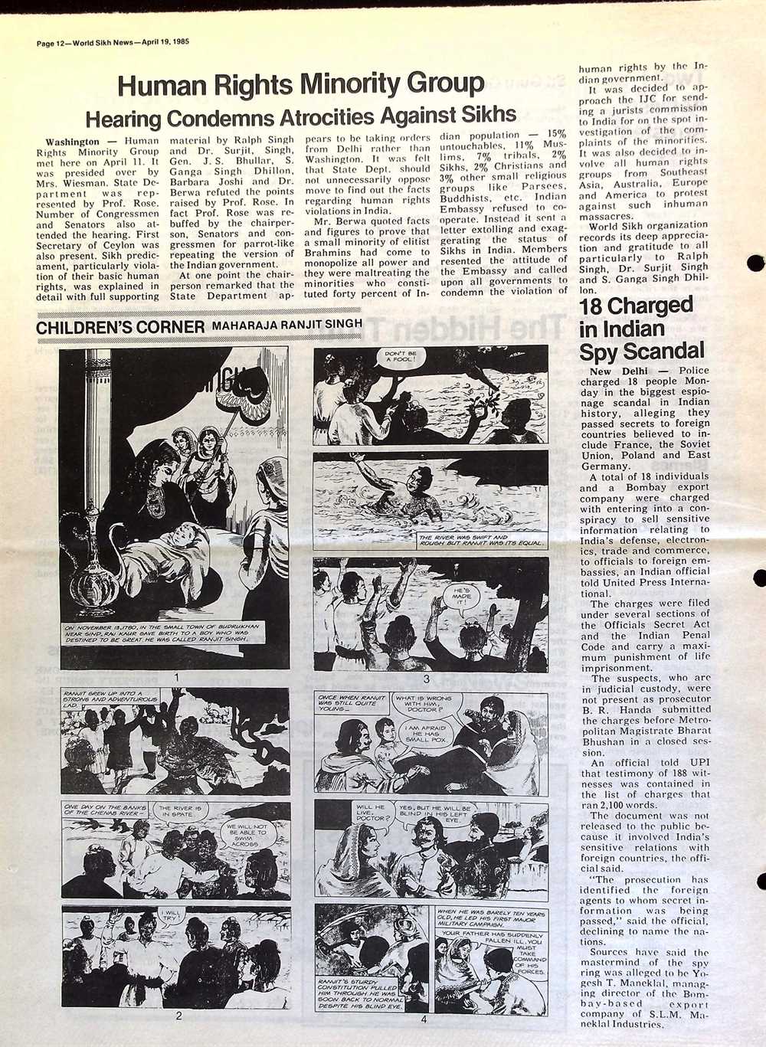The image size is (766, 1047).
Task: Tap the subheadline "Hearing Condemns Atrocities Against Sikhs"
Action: pyautogui.click(x=300, y=116)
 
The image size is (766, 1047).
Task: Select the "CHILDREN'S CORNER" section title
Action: pyautogui.click(x=120, y=327)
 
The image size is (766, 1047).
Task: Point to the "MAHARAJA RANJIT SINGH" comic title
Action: pyautogui.click(x=286, y=326)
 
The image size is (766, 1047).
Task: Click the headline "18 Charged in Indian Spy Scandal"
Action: pyautogui.click(x=641, y=329)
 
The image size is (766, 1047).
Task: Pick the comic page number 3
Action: pyautogui.click(x=426, y=679)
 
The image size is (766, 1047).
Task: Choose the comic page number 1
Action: pyautogui.click(x=176, y=678)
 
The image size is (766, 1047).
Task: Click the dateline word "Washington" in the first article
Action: pyautogui.click(x=72, y=142)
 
